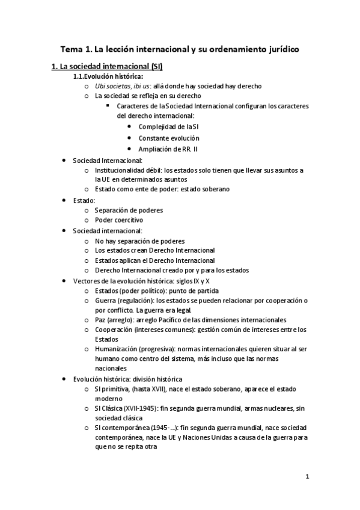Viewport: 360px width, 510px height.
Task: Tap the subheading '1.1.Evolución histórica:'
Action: tap(108, 76)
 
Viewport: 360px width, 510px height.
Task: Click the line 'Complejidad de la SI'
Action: tap(169, 127)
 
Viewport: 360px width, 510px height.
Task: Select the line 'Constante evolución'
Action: tap(168, 138)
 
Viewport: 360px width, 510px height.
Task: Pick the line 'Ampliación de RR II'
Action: tap(168, 149)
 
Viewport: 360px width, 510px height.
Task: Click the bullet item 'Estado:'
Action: tap(84, 200)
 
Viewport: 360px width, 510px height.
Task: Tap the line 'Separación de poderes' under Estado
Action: tap(129, 210)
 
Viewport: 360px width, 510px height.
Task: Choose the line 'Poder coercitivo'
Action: tap(119, 220)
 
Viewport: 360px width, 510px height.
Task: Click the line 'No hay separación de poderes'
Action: tap(139, 241)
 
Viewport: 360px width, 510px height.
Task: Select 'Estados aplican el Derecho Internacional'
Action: tap(154, 260)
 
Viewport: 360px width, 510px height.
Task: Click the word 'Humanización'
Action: tap(117, 349)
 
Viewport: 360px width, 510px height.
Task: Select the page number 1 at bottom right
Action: tap(307, 478)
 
